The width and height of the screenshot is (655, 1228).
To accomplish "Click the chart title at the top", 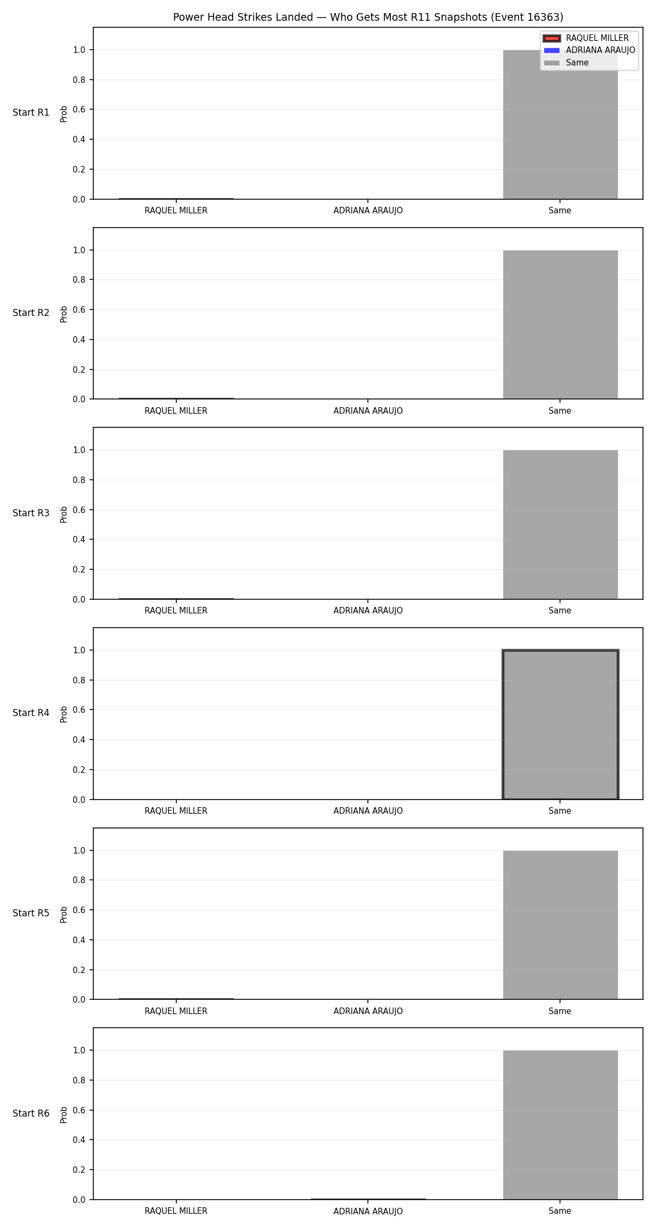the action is (368, 17).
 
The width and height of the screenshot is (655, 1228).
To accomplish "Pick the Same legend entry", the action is (567, 63).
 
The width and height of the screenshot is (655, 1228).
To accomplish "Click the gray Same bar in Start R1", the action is (560, 124).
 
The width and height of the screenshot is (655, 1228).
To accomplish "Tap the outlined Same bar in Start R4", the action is (560, 725).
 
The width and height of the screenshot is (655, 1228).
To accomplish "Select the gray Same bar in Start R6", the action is (560, 1125).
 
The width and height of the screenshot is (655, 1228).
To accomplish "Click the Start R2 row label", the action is (31, 313).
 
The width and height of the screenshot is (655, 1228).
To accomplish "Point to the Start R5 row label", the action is (31, 913).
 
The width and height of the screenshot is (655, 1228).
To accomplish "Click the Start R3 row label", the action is (31, 513).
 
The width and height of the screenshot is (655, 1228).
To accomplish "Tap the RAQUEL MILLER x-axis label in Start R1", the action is (176, 211).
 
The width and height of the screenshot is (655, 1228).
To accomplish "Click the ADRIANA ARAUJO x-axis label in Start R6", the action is (368, 1211).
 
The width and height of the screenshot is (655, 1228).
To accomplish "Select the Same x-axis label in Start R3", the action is (560, 611).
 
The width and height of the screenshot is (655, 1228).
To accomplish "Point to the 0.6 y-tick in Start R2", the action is (79, 310).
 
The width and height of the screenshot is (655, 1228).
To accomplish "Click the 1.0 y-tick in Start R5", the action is (79, 851).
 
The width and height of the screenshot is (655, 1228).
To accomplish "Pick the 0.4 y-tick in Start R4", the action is (79, 740).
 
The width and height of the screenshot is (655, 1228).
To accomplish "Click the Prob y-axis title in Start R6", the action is (64, 1114).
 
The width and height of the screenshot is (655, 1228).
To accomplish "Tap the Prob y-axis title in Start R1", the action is (64, 114).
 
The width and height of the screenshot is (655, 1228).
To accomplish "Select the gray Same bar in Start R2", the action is (560, 325).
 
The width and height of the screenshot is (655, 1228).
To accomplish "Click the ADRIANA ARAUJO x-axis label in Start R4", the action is (368, 811).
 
